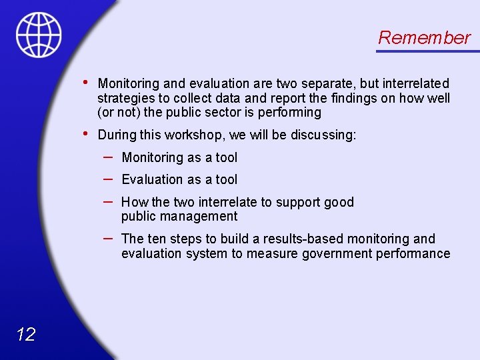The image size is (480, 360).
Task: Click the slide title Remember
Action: pos(424,38)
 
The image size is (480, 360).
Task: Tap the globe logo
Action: pos(39,35)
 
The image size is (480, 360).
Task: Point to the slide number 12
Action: pos(25,335)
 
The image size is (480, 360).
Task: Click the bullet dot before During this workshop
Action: pos(85,134)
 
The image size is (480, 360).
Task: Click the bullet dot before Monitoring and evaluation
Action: pos(85,82)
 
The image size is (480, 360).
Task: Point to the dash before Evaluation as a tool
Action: pos(108,179)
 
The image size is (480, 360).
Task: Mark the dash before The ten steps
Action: pos(108,238)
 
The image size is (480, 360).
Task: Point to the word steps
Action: pos(189,239)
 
